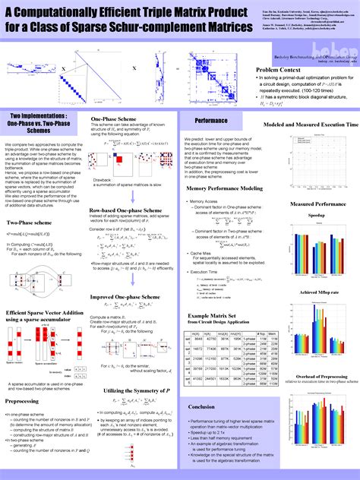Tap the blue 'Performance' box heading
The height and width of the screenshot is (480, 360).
(211, 121)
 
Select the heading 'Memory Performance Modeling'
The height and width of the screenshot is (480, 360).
(225, 188)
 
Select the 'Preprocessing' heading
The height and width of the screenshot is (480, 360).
(27, 401)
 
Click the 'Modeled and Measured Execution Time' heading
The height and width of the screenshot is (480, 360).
(311, 124)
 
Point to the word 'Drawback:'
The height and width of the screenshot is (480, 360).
(103, 180)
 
